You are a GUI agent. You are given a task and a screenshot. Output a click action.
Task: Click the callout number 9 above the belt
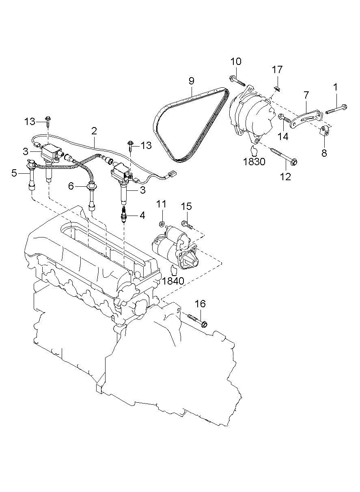point(192,81)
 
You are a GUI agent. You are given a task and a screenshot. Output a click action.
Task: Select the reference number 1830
point(255,162)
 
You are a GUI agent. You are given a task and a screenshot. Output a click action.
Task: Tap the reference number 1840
point(173,280)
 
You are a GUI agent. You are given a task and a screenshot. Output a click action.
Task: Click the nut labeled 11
point(162,224)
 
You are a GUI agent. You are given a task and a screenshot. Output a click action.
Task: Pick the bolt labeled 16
point(197,319)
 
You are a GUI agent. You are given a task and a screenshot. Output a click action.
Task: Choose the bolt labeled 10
point(238,81)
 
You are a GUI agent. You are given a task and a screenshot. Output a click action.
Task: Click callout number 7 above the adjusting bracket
point(306,95)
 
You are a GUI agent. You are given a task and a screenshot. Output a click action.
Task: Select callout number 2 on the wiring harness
point(94,131)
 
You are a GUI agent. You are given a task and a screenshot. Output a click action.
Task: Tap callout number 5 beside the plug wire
point(14,173)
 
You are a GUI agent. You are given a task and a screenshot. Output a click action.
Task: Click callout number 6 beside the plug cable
point(71,186)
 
